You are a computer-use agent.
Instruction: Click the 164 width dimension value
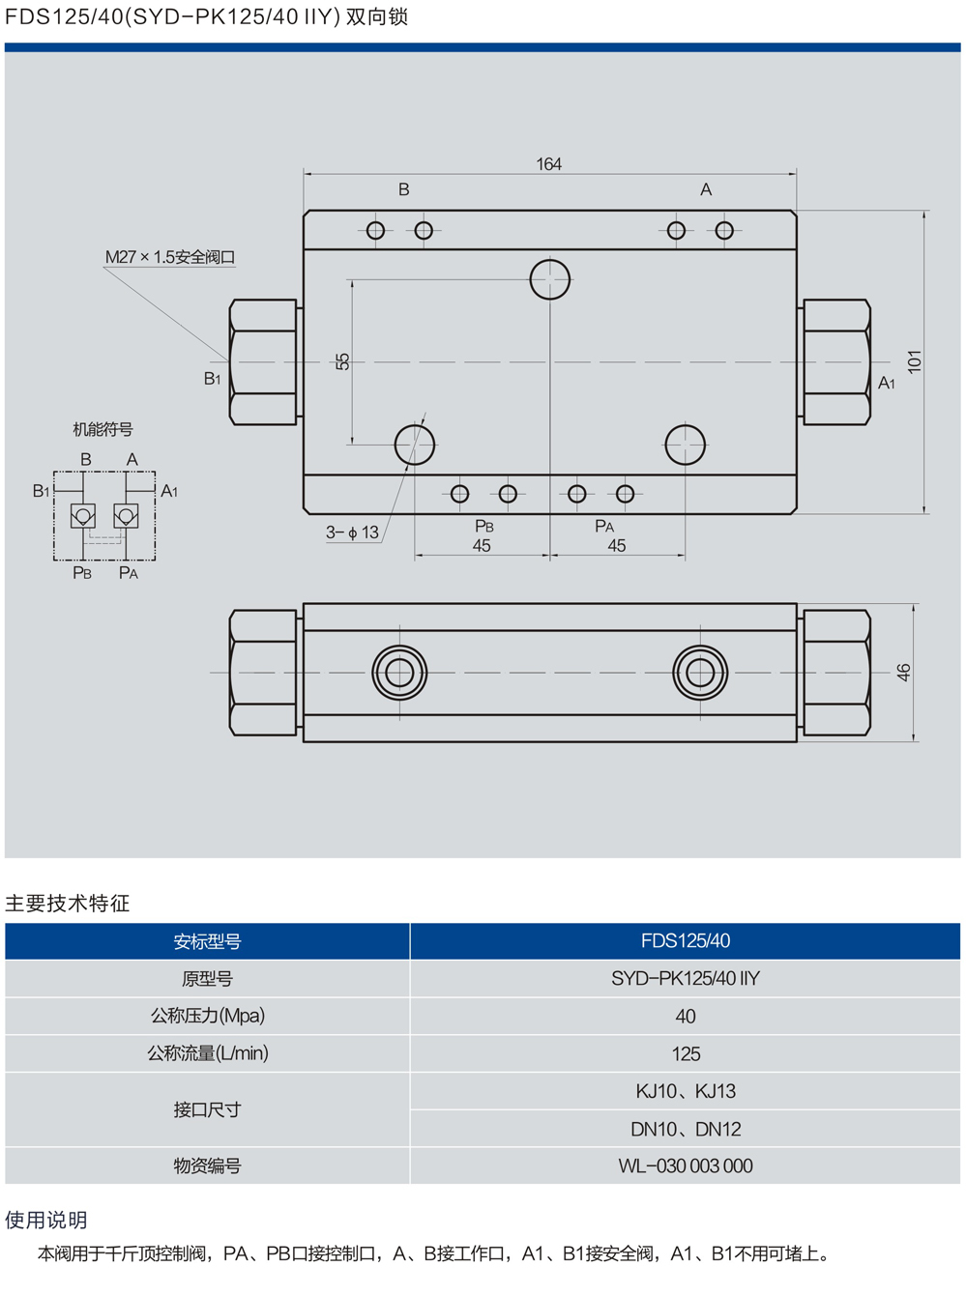(548, 164)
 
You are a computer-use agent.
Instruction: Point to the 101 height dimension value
(914, 361)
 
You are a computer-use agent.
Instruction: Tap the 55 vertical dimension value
(342, 361)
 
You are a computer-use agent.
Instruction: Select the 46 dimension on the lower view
(903, 672)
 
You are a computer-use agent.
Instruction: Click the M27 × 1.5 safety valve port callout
(170, 257)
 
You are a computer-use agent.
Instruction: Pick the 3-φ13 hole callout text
(352, 532)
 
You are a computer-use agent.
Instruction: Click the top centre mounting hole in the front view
(550, 279)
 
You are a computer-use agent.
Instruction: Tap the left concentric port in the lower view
(399, 672)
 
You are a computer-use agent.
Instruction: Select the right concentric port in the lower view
(700, 672)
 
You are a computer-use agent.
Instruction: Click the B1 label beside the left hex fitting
(213, 379)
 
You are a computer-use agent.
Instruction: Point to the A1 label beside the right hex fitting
(886, 384)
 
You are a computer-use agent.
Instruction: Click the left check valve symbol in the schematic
(83, 515)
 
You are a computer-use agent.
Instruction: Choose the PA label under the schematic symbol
(129, 573)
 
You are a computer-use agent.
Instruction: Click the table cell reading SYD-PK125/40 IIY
(685, 979)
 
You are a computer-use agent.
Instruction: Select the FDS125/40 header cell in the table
(685, 941)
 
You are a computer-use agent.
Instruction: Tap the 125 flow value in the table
(685, 1053)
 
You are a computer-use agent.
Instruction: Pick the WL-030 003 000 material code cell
(685, 1165)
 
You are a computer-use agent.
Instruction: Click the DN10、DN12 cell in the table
(685, 1129)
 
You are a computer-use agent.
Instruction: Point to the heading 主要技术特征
(68, 904)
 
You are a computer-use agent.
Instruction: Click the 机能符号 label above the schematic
(102, 429)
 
